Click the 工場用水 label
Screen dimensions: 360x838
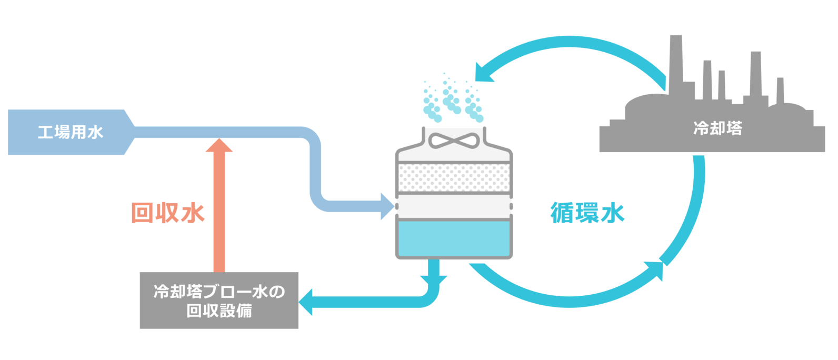[71, 132]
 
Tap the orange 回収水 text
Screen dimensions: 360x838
[167, 213]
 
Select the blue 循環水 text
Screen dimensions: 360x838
[587, 213]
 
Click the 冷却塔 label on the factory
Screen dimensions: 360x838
[717, 128]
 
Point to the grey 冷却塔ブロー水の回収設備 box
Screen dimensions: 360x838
[219, 301]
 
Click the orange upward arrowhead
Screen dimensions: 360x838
[219, 146]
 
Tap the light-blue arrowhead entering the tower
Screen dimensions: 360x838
[387, 206]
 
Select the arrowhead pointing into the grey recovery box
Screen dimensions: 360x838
[306, 302]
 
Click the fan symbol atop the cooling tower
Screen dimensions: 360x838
[454, 141]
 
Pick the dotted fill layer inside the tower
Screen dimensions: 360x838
[454, 178]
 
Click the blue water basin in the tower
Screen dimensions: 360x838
[454, 238]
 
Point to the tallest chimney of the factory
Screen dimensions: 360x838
[676, 63]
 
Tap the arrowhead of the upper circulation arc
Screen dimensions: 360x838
[483, 73]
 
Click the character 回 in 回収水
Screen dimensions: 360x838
[142, 213]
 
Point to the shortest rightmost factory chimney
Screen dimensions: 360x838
[780, 91]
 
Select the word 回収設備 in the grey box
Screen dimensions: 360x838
[219, 311]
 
